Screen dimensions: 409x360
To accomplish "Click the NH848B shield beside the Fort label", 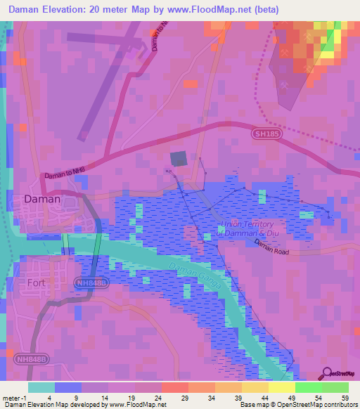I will click(x=91, y=282).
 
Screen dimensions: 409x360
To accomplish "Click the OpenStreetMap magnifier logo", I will click(x=327, y=373).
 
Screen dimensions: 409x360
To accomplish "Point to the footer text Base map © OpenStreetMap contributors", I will click(x=297, y=405).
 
